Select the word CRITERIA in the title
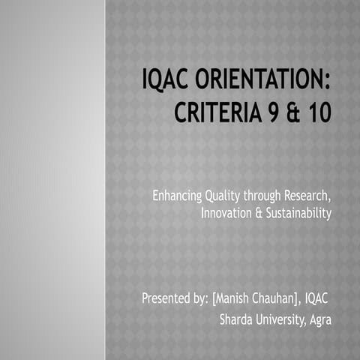[217, 115]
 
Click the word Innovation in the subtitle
[227, 214]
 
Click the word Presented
[167, 300]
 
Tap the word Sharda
[235, 319]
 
